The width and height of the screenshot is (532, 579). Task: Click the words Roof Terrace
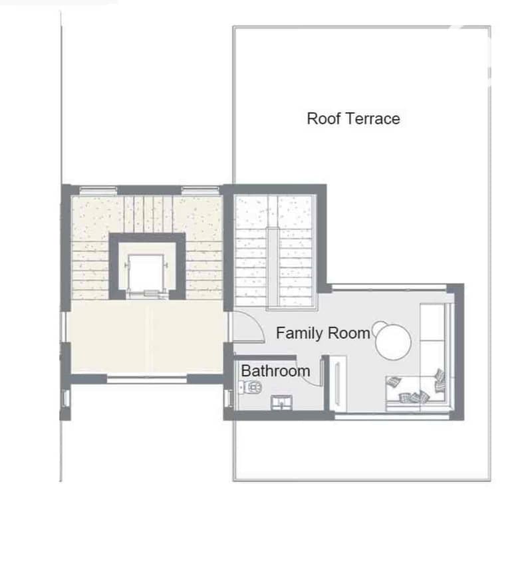(x=353, y=119)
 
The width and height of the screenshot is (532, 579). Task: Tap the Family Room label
(x=323, y=334)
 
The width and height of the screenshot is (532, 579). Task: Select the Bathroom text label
(x=275, y=371)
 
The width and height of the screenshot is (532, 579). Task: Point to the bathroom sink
(x=282, y=402)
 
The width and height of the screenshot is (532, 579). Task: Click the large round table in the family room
(x=393, y=342)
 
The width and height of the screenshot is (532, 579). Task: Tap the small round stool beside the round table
(x=378, y=327)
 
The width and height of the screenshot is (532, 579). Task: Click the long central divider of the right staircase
(x=273, y=268)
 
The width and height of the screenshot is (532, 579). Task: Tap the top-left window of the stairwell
(x=98, y=190)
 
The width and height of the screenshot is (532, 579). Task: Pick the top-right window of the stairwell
(x=200, y=190)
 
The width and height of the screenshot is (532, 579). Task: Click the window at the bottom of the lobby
(x=147, y=379)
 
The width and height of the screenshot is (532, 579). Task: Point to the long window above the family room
(x=389, y=287)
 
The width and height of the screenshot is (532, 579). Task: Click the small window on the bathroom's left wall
(x=229, y=398)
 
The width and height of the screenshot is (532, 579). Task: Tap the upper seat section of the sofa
(x=432, y=322)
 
